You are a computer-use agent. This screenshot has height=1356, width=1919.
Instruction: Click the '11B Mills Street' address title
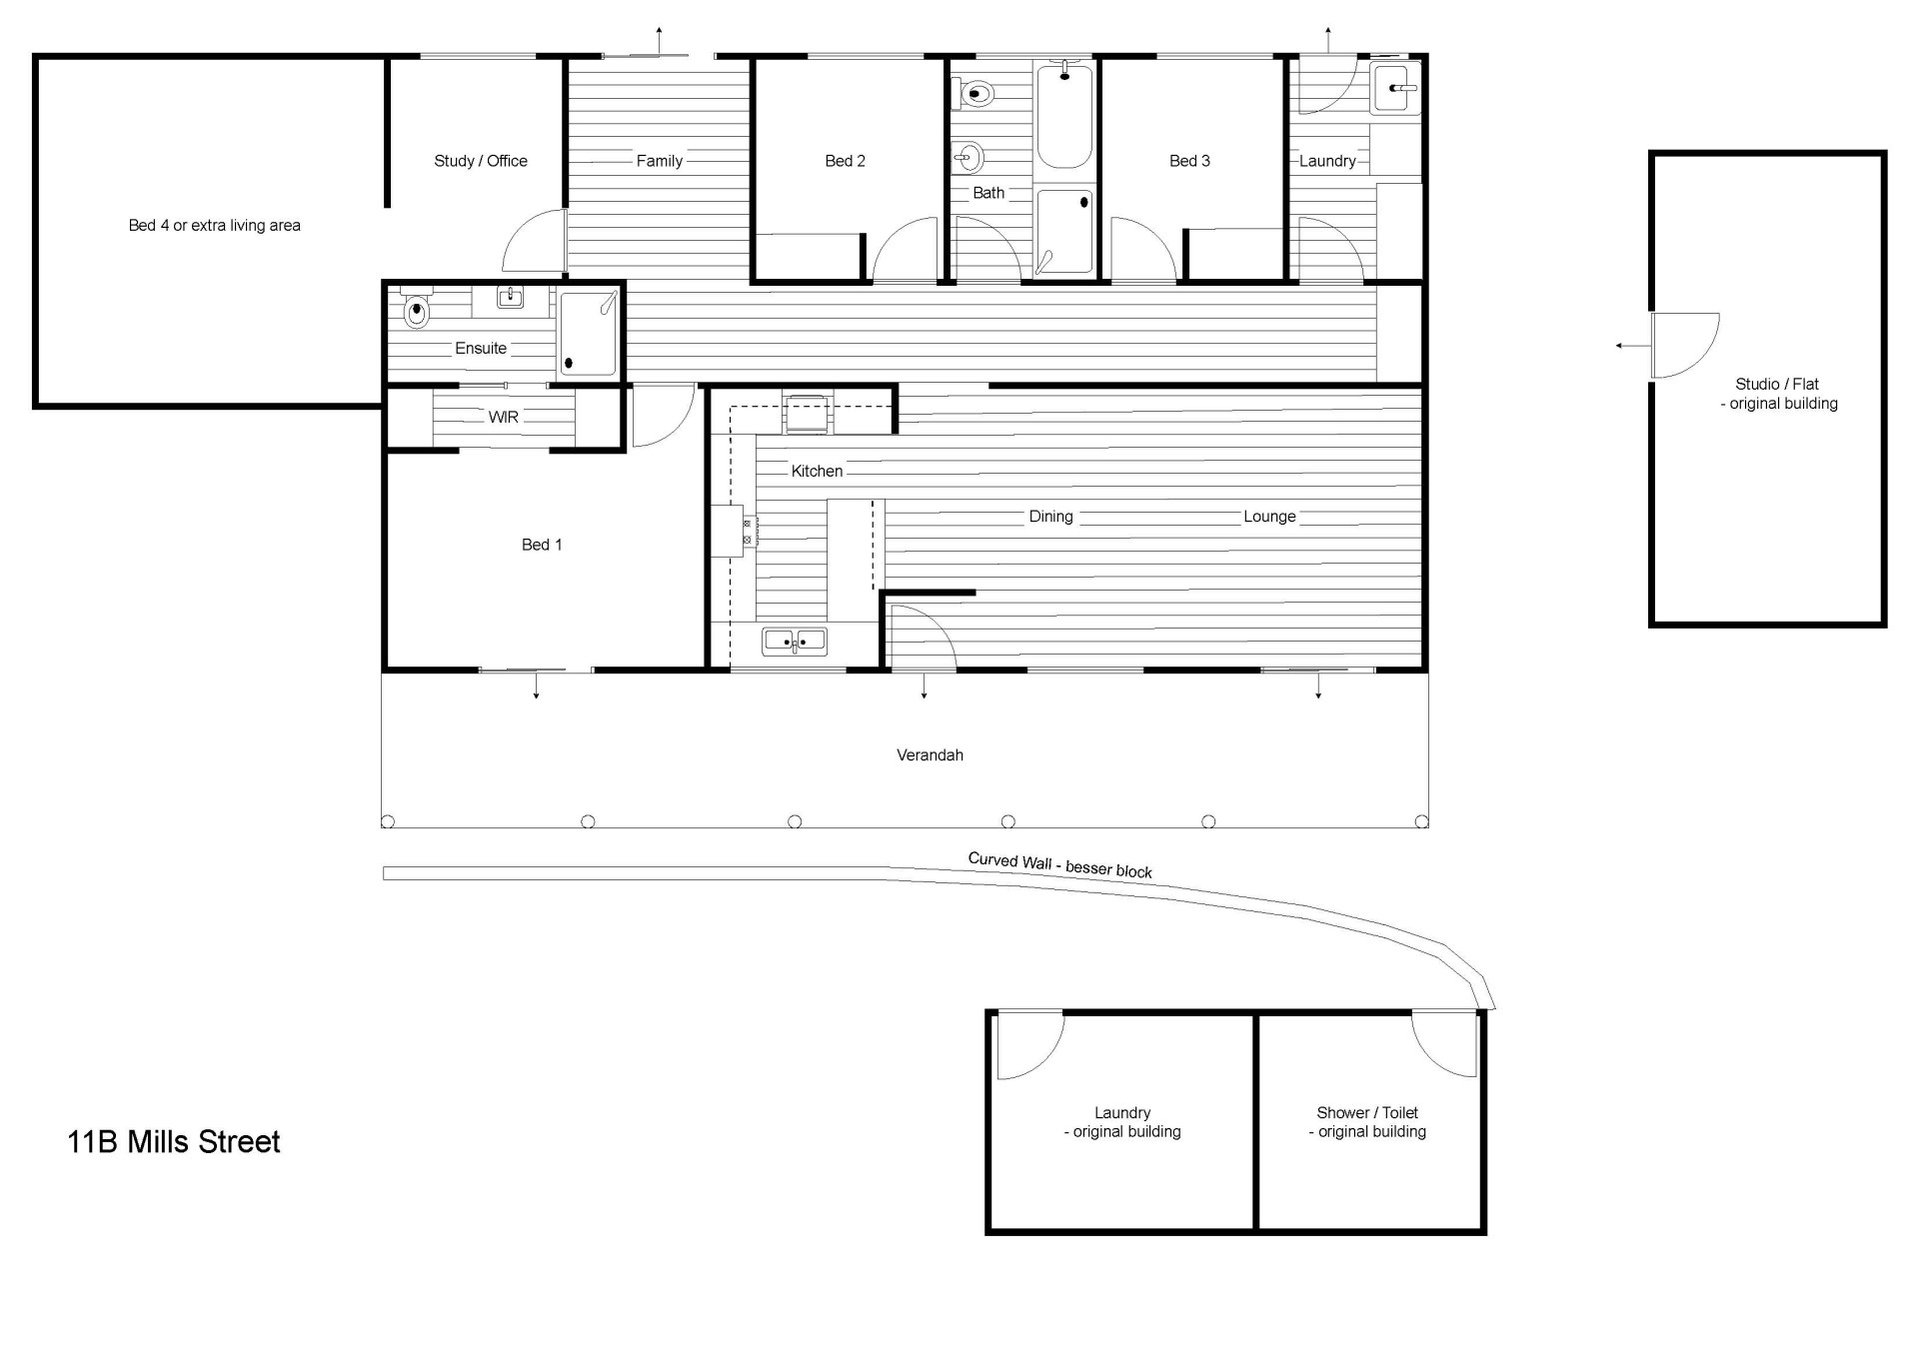(174, 1141)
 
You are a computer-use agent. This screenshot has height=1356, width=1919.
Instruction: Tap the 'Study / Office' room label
(481, 161)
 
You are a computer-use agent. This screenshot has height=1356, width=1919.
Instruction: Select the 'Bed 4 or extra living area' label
(215, 226)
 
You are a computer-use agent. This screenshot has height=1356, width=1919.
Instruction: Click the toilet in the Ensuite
(416, 309)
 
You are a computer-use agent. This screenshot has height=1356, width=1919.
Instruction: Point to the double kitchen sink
(795, 641)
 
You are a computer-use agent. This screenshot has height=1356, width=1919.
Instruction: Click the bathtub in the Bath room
(1064, 115)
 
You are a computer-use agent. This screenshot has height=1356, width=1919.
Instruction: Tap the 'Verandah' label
(930, 755)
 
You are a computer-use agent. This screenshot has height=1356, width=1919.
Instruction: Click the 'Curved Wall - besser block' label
(1060, 865)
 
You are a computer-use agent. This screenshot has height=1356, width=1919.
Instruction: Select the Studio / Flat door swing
(1685, 346)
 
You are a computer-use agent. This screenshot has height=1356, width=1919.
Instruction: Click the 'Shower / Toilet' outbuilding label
(1367, 1112)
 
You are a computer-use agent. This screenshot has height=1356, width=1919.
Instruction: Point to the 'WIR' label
(504, 417)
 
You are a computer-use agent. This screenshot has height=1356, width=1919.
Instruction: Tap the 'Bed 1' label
(542, 545)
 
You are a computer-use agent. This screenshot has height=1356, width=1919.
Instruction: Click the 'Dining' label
(1051, 517)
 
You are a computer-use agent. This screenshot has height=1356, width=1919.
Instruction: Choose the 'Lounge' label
(1269, 517)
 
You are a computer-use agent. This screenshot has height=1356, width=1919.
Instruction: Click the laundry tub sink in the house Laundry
(1395, 88)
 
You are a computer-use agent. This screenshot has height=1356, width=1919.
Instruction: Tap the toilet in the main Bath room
(975, 94)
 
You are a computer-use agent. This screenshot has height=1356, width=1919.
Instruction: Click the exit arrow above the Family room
(659, 42)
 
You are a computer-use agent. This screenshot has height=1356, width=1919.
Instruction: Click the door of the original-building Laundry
(1030, 1045)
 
